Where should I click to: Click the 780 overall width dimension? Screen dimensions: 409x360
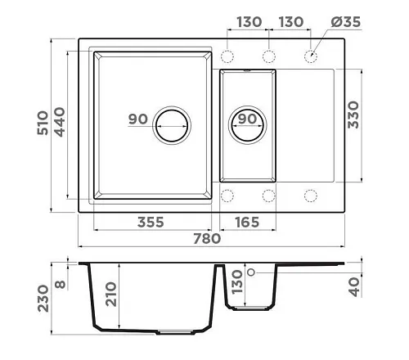(x=207, y=239)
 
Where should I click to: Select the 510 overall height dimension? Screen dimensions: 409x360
(x=43, y=123)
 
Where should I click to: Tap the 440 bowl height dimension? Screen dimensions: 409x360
(x=60, y=122)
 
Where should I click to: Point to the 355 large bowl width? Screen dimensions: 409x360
(x=151, y=223)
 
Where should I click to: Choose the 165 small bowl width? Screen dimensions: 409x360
(x=247, y=223)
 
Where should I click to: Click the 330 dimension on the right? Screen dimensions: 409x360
(x=353, y=115)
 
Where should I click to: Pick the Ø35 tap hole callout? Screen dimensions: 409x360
(x=346, y=22)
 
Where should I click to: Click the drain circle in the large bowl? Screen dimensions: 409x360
(x=172, y=125)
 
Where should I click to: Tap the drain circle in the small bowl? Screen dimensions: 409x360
(x=248, y=125)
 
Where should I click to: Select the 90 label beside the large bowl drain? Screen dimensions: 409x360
(x=138, y=119)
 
